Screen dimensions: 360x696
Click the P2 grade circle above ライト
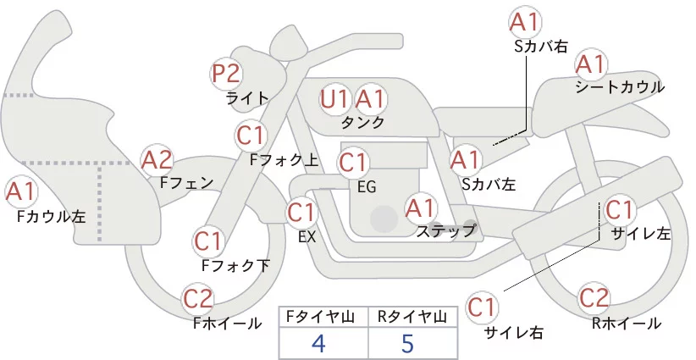[x=226, y=74]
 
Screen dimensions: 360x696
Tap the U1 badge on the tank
[x=335, y=99]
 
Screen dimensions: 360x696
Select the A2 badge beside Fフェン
[x=157, y=158]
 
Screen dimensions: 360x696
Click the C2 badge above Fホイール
[x=199, y=299]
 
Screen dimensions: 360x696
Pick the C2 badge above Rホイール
[x=594, y=299]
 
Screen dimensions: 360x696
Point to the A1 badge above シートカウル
[x=590, y=64]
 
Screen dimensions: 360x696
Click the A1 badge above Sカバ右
[x=526, y=22]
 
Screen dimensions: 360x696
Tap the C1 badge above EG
[x=354, y=161]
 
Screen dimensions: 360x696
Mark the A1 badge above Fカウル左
[x=22, y=192]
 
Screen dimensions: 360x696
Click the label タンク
[x=362, y=122]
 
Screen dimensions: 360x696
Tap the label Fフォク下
[x=235, y=265]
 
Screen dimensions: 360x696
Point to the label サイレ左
[x=640, y=234]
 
